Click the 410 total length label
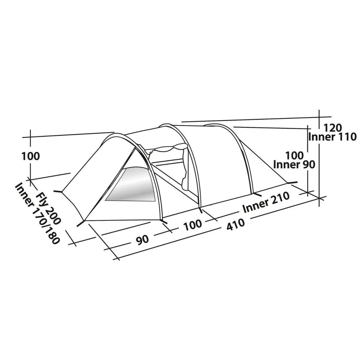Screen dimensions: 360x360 (x=235, y=224)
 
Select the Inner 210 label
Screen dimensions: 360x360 (x=266, y=202)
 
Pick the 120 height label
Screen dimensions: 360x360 (x=332, y=128)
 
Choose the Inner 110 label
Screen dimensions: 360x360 (x=332, y=137)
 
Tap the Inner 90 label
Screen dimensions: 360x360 (x=294, y=164)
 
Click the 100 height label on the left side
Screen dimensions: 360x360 (x=31, y=156)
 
